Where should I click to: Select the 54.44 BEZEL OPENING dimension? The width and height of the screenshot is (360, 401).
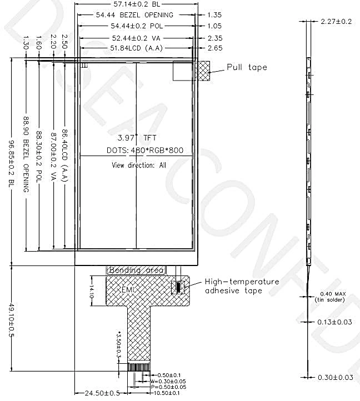pyautogui.click(x=134, y=15)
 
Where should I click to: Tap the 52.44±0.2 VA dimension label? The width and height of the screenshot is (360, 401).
pyautogui.click(x=135, y=38)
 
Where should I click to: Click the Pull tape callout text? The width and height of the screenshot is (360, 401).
pyautogui.click(x=247, y=67)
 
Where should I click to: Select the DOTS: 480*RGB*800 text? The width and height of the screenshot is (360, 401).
pyautogui.click(x=145, y=150)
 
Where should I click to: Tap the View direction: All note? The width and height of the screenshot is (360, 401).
pyautogui.click(x=139, y=165)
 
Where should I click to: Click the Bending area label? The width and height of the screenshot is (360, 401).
pyautogui.click(x=136, y=270)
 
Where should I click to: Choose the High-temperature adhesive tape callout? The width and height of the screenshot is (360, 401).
pyautogui.click(x=242, y=286)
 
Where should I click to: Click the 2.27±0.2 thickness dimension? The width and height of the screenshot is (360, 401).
pyautogui.click(x=336, y=22)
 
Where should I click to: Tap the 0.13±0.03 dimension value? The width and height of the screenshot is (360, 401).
pyautogui.click(x=336, y=322)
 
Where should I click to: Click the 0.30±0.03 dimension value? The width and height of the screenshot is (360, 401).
pyautogui.click(x=336, y=378)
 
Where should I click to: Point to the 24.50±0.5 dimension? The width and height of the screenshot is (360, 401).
pyautogui.click(x=102, y=393)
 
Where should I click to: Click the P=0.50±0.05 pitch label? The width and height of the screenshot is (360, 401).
pyautogui.click(x=168, y=387)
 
